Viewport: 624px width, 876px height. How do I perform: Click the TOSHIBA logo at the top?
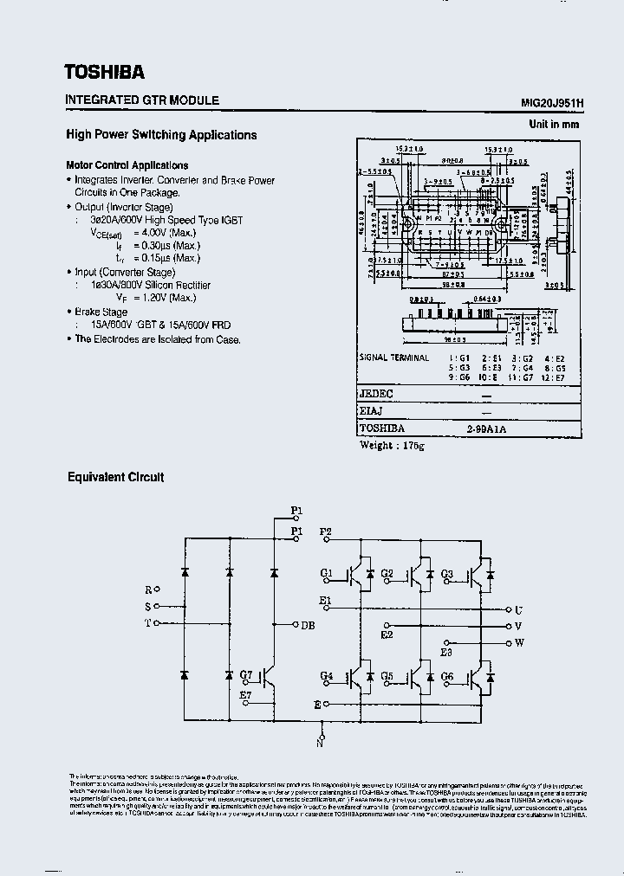click(x=105, y=72)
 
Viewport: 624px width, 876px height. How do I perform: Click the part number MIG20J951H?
click(x=552, y=101)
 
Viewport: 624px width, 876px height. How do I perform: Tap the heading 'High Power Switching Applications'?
click(x=161, y=135)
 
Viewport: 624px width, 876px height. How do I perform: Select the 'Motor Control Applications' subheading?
click(x=127, y=165)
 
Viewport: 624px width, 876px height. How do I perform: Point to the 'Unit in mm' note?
click(x=554, y=125)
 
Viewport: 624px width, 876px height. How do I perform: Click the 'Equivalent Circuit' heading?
click(x=115, y=477)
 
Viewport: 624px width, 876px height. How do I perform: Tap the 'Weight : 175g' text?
click(x=393, y=446)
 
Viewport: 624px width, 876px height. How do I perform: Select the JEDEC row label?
click(x=376, y=395)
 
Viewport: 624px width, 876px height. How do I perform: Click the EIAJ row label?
click(x=372, y=411)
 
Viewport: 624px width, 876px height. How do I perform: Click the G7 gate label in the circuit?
click(x=246, y=675)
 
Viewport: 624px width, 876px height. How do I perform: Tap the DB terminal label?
click(x=308, y=625)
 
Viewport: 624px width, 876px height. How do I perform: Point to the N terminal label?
click(x=320, y=742)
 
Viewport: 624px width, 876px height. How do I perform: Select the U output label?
click(x=518, y=609)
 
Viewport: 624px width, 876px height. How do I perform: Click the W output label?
click(x=519, y=642)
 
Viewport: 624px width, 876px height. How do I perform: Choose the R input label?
click(x=148, y=589)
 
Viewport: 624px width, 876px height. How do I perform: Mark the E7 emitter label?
click(x=245, y=694)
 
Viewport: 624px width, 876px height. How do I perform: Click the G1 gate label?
click(x=326, y=573)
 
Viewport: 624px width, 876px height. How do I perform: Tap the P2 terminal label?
click(x=326, y=530)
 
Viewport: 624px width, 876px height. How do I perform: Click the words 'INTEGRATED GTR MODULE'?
click(x=142, y=100)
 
